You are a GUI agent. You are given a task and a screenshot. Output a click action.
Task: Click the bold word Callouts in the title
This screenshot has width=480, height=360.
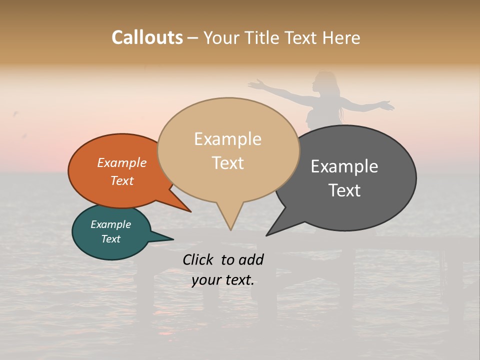(x=147, y=37)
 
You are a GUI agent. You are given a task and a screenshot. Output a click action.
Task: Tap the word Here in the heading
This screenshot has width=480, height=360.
(x=342, y=37)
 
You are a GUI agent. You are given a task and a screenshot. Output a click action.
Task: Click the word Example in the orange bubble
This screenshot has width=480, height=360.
(x=122, y=162)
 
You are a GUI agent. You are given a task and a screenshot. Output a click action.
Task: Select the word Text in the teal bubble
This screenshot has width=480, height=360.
(x=111, y=239)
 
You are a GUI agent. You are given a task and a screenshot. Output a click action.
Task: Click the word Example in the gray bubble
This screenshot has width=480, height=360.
(x=344, y=166)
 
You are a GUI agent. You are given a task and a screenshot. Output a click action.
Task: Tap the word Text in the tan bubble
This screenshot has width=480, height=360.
(x=228, y=162)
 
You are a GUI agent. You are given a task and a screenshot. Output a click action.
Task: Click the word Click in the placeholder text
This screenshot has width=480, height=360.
(x=199, y=259)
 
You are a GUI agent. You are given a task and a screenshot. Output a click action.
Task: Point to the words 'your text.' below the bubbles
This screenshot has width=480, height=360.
(x=223, y=280)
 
